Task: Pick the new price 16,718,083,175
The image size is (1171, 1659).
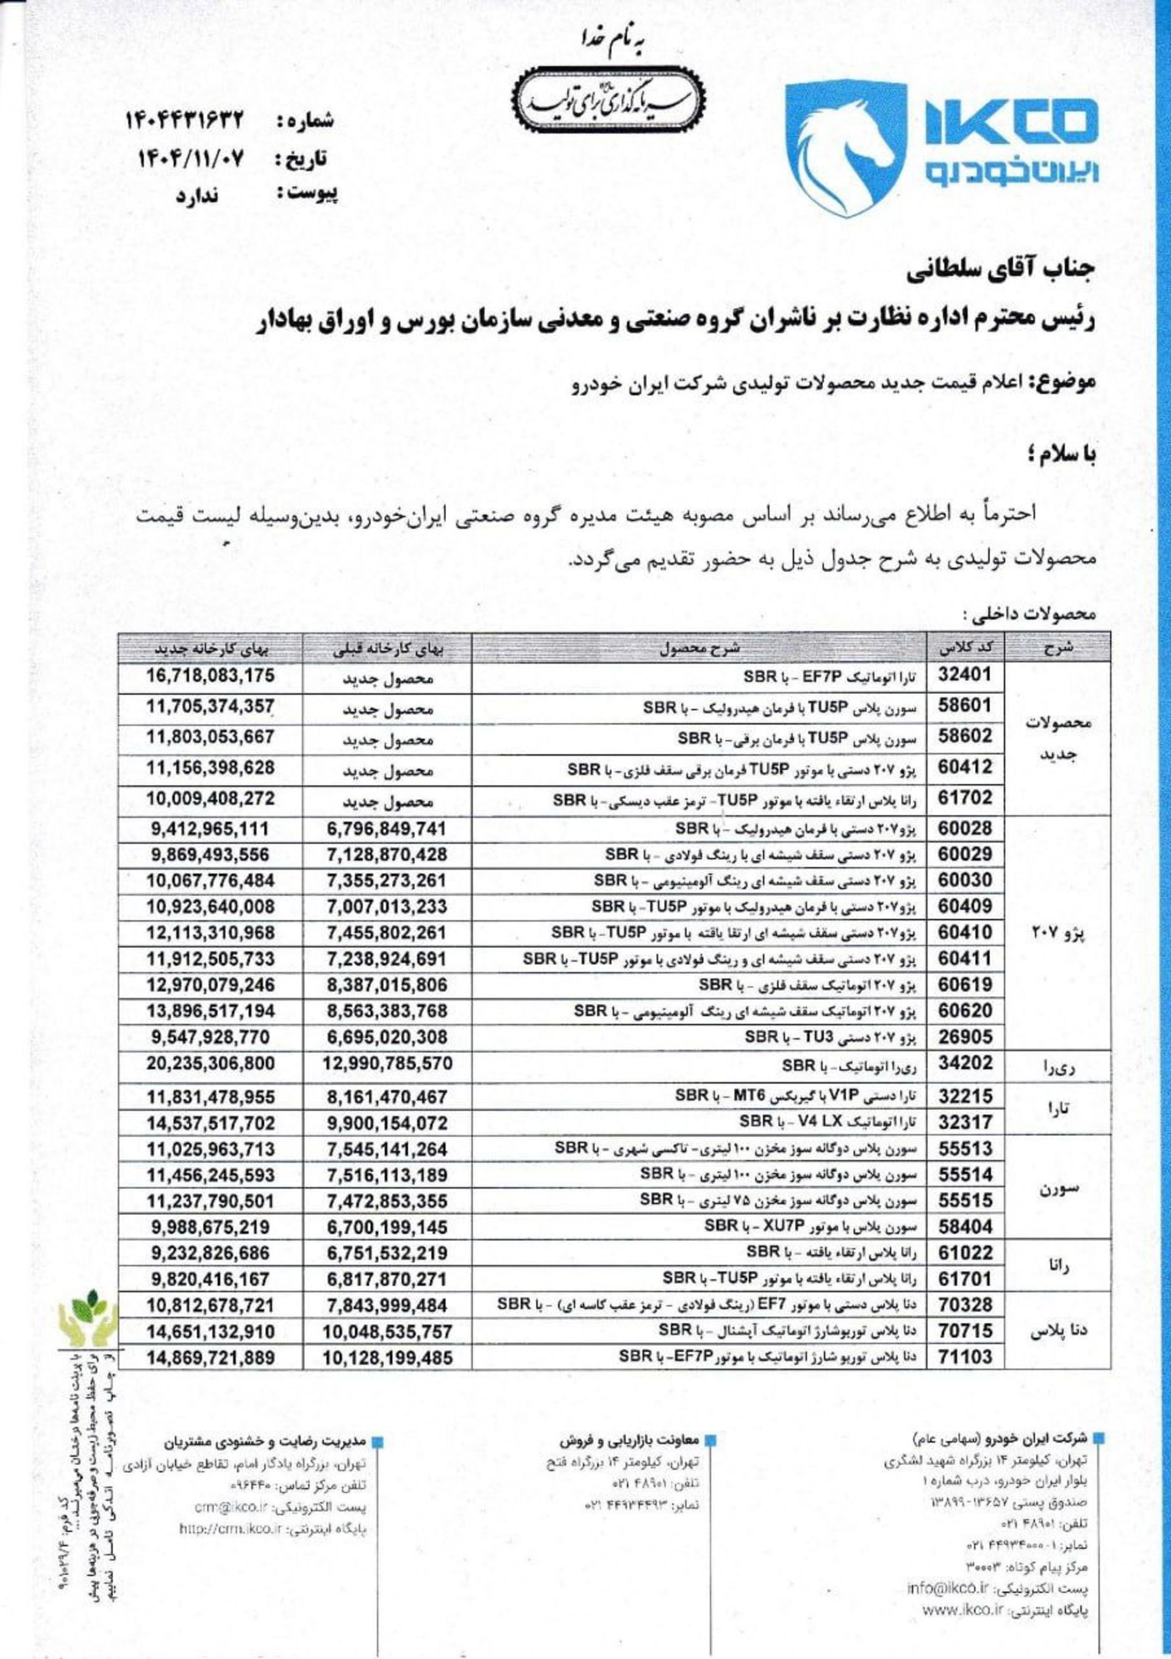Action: pyautogui.click(x=210, y=676)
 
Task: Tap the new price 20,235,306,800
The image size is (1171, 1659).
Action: pyautogui.click(x=210, y=1063)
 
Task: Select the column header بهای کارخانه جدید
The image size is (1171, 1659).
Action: pyautogui.click(x=212, y=648)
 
